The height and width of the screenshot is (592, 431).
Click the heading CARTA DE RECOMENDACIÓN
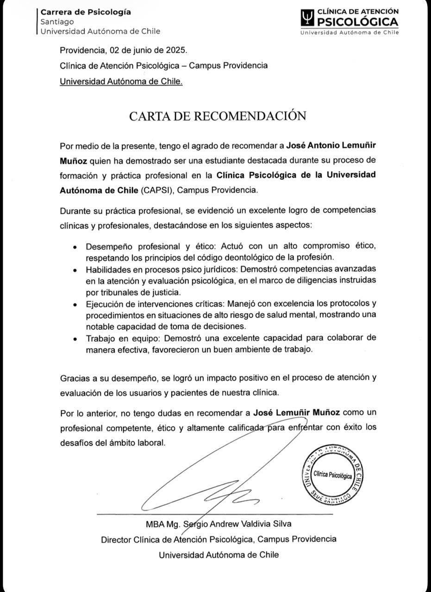(x=217, y=116)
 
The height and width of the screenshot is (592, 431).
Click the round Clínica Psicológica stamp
(x=332, y=475)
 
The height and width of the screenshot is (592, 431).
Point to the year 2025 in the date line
(x=178, y=50)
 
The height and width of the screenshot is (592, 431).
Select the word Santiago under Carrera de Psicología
(x=57, y=22)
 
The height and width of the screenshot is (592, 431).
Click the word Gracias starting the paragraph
(x=75, y=378)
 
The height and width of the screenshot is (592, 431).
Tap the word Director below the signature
(x=116, y=539)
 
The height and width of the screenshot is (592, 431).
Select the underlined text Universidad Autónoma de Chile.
(x=121, y=81)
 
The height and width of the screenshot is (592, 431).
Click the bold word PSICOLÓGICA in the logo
(x=357, y=22)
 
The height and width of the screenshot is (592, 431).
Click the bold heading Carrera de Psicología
(x=86, y=12)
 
